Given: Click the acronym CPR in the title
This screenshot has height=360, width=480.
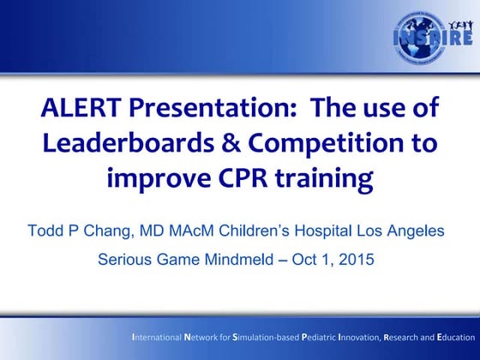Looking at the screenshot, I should (x=243, y=178).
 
